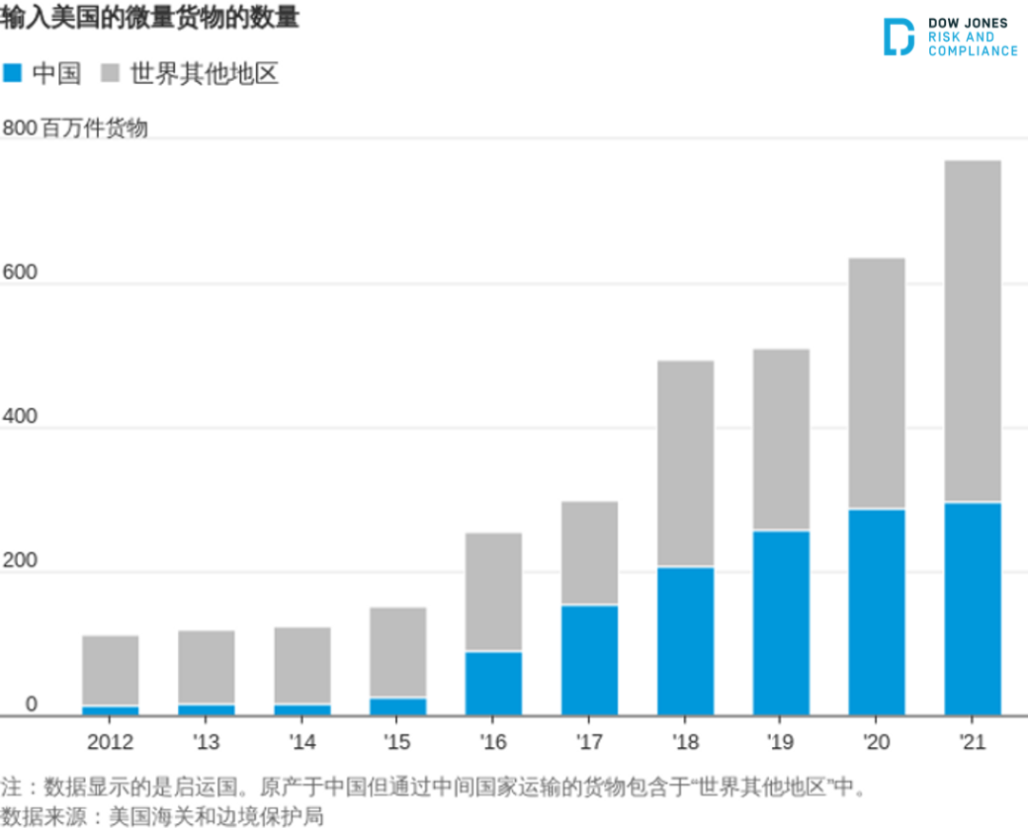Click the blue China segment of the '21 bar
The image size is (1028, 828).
click(972, 609)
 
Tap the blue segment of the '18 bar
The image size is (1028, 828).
click(684, 641)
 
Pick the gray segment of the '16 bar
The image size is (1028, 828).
click(493, 592)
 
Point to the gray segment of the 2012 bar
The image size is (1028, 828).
click(110, 671)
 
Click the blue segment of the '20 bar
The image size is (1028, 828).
click(877, 612)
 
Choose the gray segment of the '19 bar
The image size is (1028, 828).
click(781, 440)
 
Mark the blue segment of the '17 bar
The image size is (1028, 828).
click(589, 660)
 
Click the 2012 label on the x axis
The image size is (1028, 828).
click(110, 742)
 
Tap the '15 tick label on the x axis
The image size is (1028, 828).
click(397, 742)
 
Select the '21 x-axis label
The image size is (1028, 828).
click(972, 742)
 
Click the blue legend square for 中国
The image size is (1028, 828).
click(12, 73)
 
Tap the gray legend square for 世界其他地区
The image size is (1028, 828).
click(110, 73)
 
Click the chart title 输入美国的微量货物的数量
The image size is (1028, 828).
click(149, 18)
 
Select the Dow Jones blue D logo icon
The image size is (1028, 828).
click(898, 36)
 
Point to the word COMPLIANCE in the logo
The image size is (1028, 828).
click(973, 51)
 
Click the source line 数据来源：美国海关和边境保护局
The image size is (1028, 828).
click(162, 816)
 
